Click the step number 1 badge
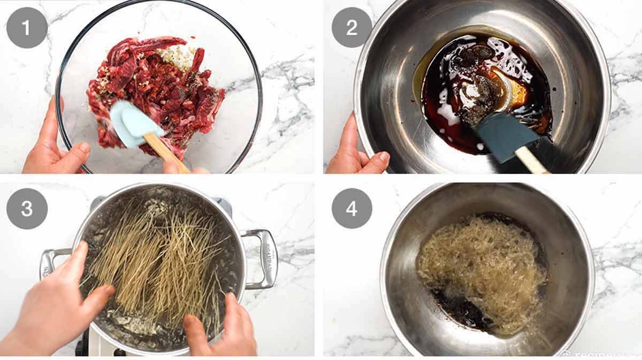27,27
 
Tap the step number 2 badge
351,27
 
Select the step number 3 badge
27,209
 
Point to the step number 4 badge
351,209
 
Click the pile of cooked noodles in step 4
481,267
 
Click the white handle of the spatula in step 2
530,160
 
